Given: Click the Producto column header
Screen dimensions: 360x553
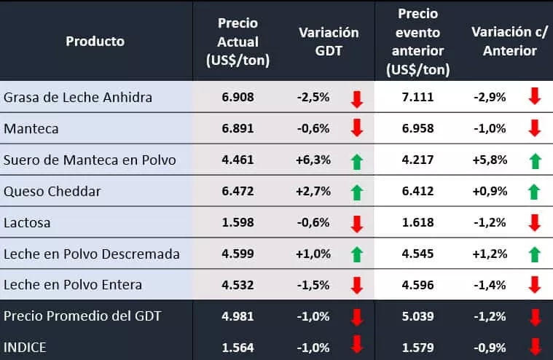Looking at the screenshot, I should pyautogui.click(x=95, y=41).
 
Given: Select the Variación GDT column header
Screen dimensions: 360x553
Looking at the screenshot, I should pyautogui.click(x=329, y=42).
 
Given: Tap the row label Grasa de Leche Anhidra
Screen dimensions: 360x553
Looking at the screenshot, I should pyautogui.click(x=78, y=97).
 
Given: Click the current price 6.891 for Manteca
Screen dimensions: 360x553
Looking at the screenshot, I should pyautogui.click(x=238, y=128).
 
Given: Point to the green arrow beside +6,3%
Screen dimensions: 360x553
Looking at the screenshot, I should pyautogui.click(x=356, y=161).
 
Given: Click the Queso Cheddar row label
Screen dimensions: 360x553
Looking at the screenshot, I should pyautogui.click(x=52, y=192).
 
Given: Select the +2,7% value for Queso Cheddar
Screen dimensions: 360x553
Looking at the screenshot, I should pyautogui.click(x=314, y=192).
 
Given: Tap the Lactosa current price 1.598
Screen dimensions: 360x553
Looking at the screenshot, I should pyautogui.click(x=238, y=223).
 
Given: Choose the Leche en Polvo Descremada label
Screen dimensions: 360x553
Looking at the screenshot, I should pyautogui.click(x=92, y=254).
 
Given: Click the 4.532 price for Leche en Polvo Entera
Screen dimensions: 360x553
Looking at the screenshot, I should pyautogui.click(x=238, y=285).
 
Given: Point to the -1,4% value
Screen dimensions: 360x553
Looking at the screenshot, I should pyautogui.click(x=490, y=285).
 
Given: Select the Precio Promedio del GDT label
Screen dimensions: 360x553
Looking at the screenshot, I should pyautogui.click(x=82, y=316).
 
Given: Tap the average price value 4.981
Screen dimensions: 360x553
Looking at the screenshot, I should pyautogui.click(x=238, y=316).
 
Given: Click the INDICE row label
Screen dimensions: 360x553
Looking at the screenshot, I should pyautogui.click(x=26, y=347).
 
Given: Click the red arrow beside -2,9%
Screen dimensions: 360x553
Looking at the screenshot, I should pyautogui.click(x=534, y=98).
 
